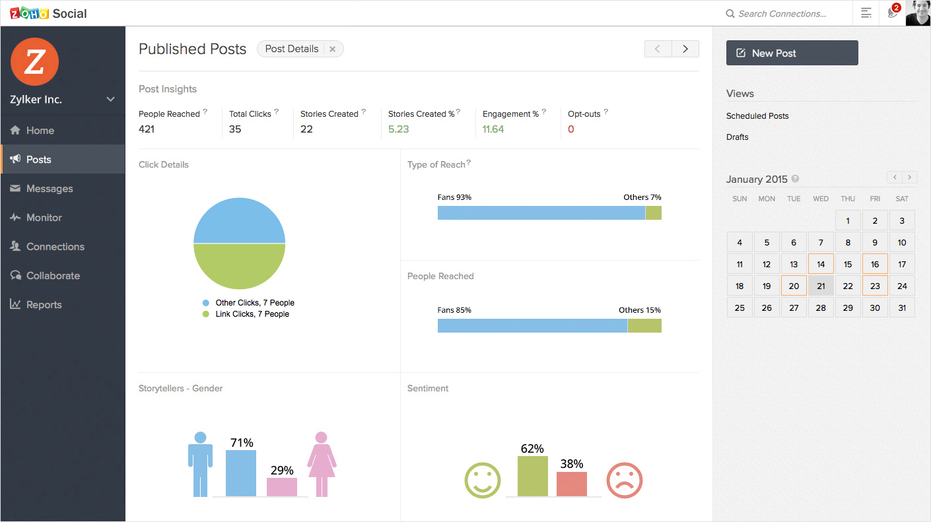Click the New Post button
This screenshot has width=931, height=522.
792,53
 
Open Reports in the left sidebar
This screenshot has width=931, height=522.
44,305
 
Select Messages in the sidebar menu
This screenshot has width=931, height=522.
50,189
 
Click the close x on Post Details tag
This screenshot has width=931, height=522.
333,49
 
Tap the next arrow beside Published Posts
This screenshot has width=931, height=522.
685,49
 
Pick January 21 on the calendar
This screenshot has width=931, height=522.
821,286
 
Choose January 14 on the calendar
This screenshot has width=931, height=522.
821,265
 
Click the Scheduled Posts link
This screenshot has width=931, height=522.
757,116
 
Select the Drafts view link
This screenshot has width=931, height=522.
738,137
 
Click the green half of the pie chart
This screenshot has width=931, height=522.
239,267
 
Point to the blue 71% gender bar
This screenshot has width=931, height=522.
241,473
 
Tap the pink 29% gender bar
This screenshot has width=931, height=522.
282,487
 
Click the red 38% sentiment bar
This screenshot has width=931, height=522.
571,484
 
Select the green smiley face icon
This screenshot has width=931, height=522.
483,480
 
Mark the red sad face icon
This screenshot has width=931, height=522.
624,480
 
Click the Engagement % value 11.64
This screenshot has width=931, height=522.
493,129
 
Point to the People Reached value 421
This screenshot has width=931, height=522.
147,129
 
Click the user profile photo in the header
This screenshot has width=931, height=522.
917,13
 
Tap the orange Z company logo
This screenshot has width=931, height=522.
35,62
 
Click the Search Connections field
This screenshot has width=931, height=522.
782,14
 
